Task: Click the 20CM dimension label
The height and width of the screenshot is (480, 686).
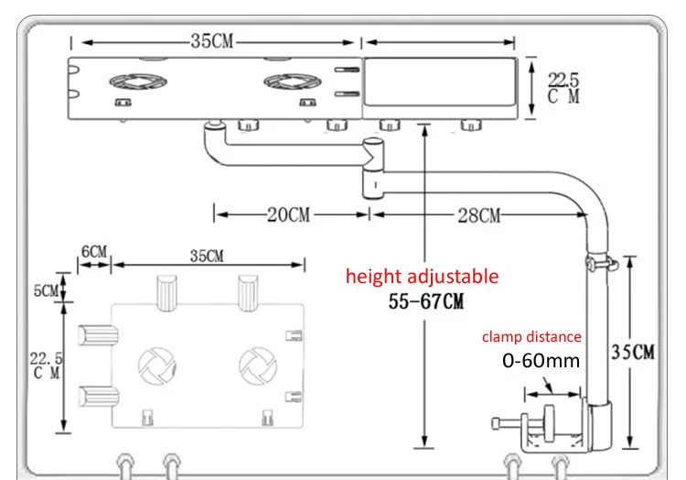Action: (x=288, y=215)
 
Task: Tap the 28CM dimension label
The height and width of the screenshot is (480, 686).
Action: (x=478, y=215)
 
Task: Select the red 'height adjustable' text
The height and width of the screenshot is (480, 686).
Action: (x=422, y=276)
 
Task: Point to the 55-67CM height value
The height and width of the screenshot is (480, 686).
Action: (x=422, y=302)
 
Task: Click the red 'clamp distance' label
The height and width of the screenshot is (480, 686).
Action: (x=531, y=337)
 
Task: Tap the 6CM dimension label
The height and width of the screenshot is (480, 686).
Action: (x=93, y=251)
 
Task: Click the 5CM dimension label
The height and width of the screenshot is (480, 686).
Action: (x=45, y=291)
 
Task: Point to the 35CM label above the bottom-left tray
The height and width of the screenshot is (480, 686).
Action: (x=207, y=256)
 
